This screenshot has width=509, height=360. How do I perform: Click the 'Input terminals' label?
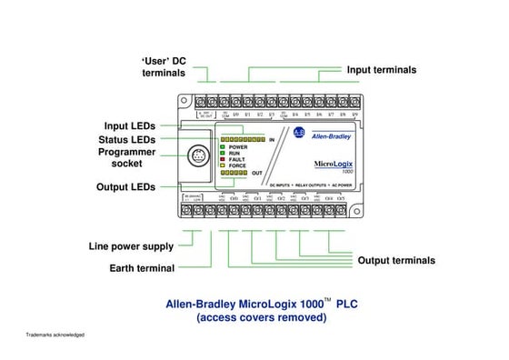coord(382,70)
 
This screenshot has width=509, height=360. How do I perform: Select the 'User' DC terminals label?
coord(164,65)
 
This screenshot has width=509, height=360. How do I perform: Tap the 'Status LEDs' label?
coord(127,139)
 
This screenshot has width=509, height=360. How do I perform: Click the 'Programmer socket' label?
coord(126,157)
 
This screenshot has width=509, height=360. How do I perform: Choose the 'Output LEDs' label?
coord(125,187)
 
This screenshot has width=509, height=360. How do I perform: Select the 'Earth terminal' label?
coord(142,268)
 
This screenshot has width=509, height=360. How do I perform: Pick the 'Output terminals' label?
coord(395,261)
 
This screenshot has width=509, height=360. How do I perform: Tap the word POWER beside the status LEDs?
coord(239,146)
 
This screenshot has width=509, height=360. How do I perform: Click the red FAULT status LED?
coord(221,159)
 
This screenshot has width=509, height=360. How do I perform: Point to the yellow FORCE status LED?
coord(221,165)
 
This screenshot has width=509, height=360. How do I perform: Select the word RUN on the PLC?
coord(234,153)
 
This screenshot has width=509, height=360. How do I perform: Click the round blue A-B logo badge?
coord(300,134)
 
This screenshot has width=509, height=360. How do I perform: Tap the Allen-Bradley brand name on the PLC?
coord(333,136)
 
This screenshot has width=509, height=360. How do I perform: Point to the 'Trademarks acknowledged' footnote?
coord(55,335)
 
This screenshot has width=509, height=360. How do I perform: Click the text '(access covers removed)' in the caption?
coord(261,318)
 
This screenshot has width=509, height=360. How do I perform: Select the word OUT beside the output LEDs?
coord(257,172)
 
